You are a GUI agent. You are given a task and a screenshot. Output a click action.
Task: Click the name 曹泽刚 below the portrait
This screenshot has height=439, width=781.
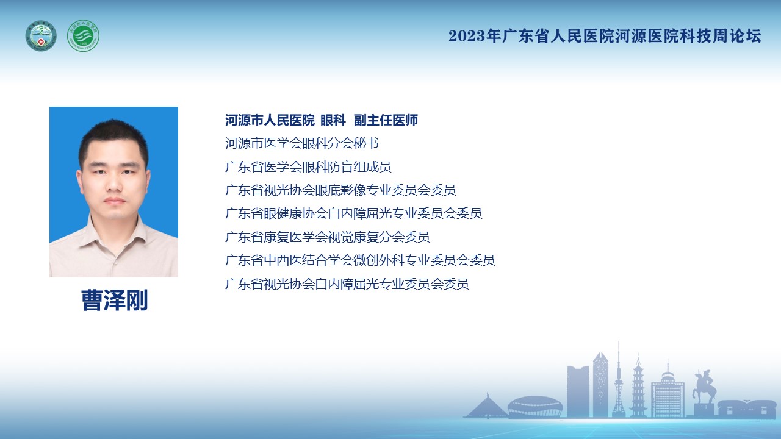click(x=114, y=300)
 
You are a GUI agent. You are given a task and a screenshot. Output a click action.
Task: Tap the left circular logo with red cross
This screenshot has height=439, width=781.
click(x=41, y=35)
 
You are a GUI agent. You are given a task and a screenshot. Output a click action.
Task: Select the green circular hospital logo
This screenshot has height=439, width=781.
click(x=83, y=35)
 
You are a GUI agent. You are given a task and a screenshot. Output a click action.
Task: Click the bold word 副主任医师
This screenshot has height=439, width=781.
click(x=386, y=120)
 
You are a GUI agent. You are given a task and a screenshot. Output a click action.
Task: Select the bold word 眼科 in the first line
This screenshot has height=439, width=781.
click(x=333, y=120)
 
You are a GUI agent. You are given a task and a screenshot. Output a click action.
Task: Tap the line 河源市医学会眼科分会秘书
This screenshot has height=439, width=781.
click(x=302, y=143)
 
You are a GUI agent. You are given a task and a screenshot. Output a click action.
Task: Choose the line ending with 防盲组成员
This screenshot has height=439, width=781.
click(x=308, y=167)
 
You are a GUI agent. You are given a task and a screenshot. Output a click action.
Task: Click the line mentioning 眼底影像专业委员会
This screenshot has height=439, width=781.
click(x=340, y=190)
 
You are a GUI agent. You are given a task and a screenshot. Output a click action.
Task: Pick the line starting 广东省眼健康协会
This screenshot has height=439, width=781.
click(x=353, y=213)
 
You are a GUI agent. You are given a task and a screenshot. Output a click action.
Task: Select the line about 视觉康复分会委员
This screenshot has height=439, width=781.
click(x=328, y=237)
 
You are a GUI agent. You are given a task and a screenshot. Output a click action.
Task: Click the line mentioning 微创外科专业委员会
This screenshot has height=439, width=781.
click(x=360, y=260)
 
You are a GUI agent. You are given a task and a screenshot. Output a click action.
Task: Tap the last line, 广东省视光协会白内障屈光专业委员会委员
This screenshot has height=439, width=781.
click(x=347, y=284)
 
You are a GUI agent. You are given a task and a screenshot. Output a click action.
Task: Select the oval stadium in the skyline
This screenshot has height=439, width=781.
click(x=535, y=407)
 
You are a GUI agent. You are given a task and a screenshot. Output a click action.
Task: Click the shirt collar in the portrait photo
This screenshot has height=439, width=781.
click(x=113, y=232)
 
